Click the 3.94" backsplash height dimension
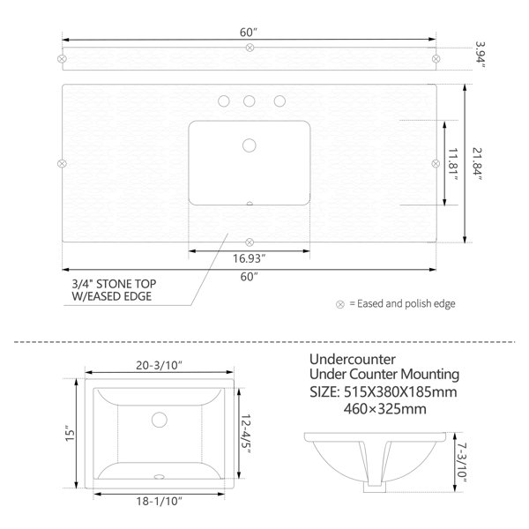pyautogui.click(x=480, y=55)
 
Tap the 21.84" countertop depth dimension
pyautogui.click(x=477, y=164)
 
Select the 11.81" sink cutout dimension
pyautogui.click(x=453, y=164)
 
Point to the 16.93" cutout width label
pyautogui.click(x=249, y=258)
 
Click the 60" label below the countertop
pyautogui.click(x=249, y=277)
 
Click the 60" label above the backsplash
pyautogui.click(x=249, y=33)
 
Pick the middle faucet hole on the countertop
pyautogui.click(x=250, y=101)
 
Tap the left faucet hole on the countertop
pyautogui.click(x=224, y=101)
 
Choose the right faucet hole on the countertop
pyautogui.click(x=279, y=101)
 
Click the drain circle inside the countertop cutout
pyautogui.click(x=250, y=145)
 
